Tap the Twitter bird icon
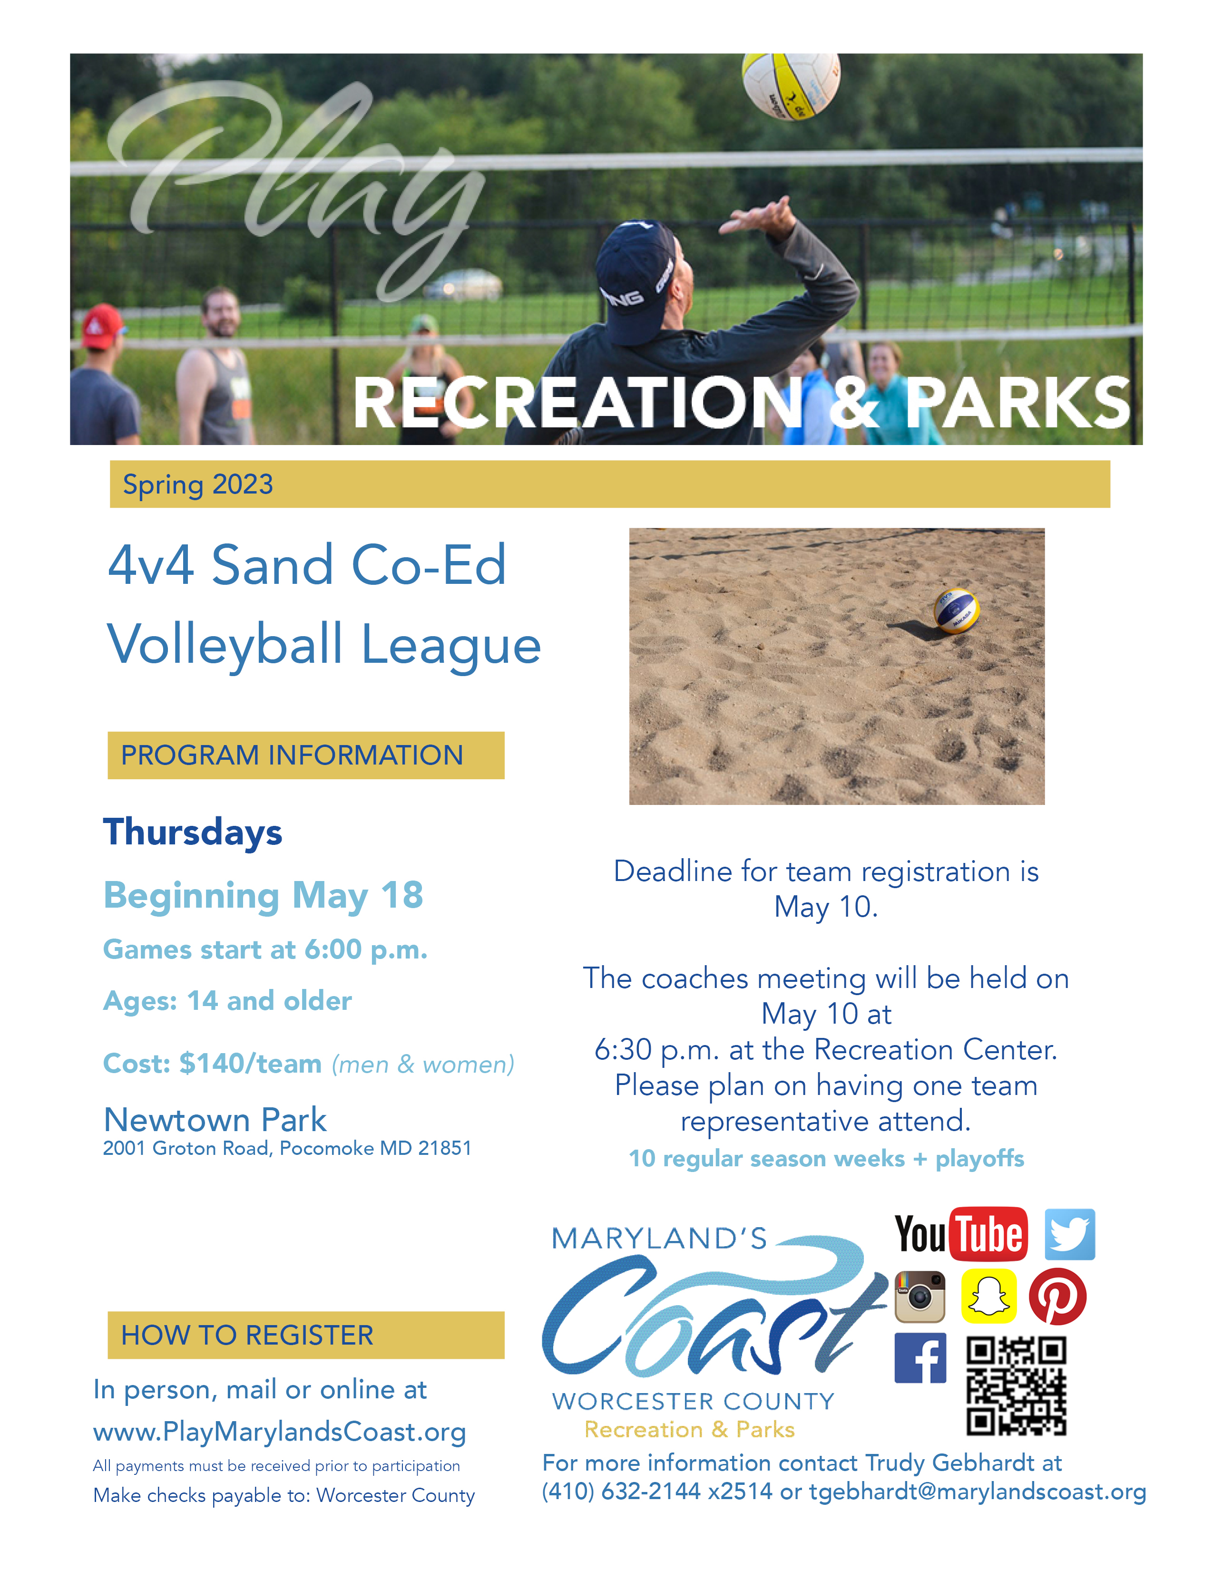point(1069,1234)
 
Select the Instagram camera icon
point(920,1297)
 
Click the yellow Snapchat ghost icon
point(989,1297)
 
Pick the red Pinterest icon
point(1058,1297)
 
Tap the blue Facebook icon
point(920,1358)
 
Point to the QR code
point(1016,1386)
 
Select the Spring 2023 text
point(197,485)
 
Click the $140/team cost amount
point(250,1063)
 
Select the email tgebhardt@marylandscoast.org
point(978,1492)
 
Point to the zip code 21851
point(444,1149)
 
